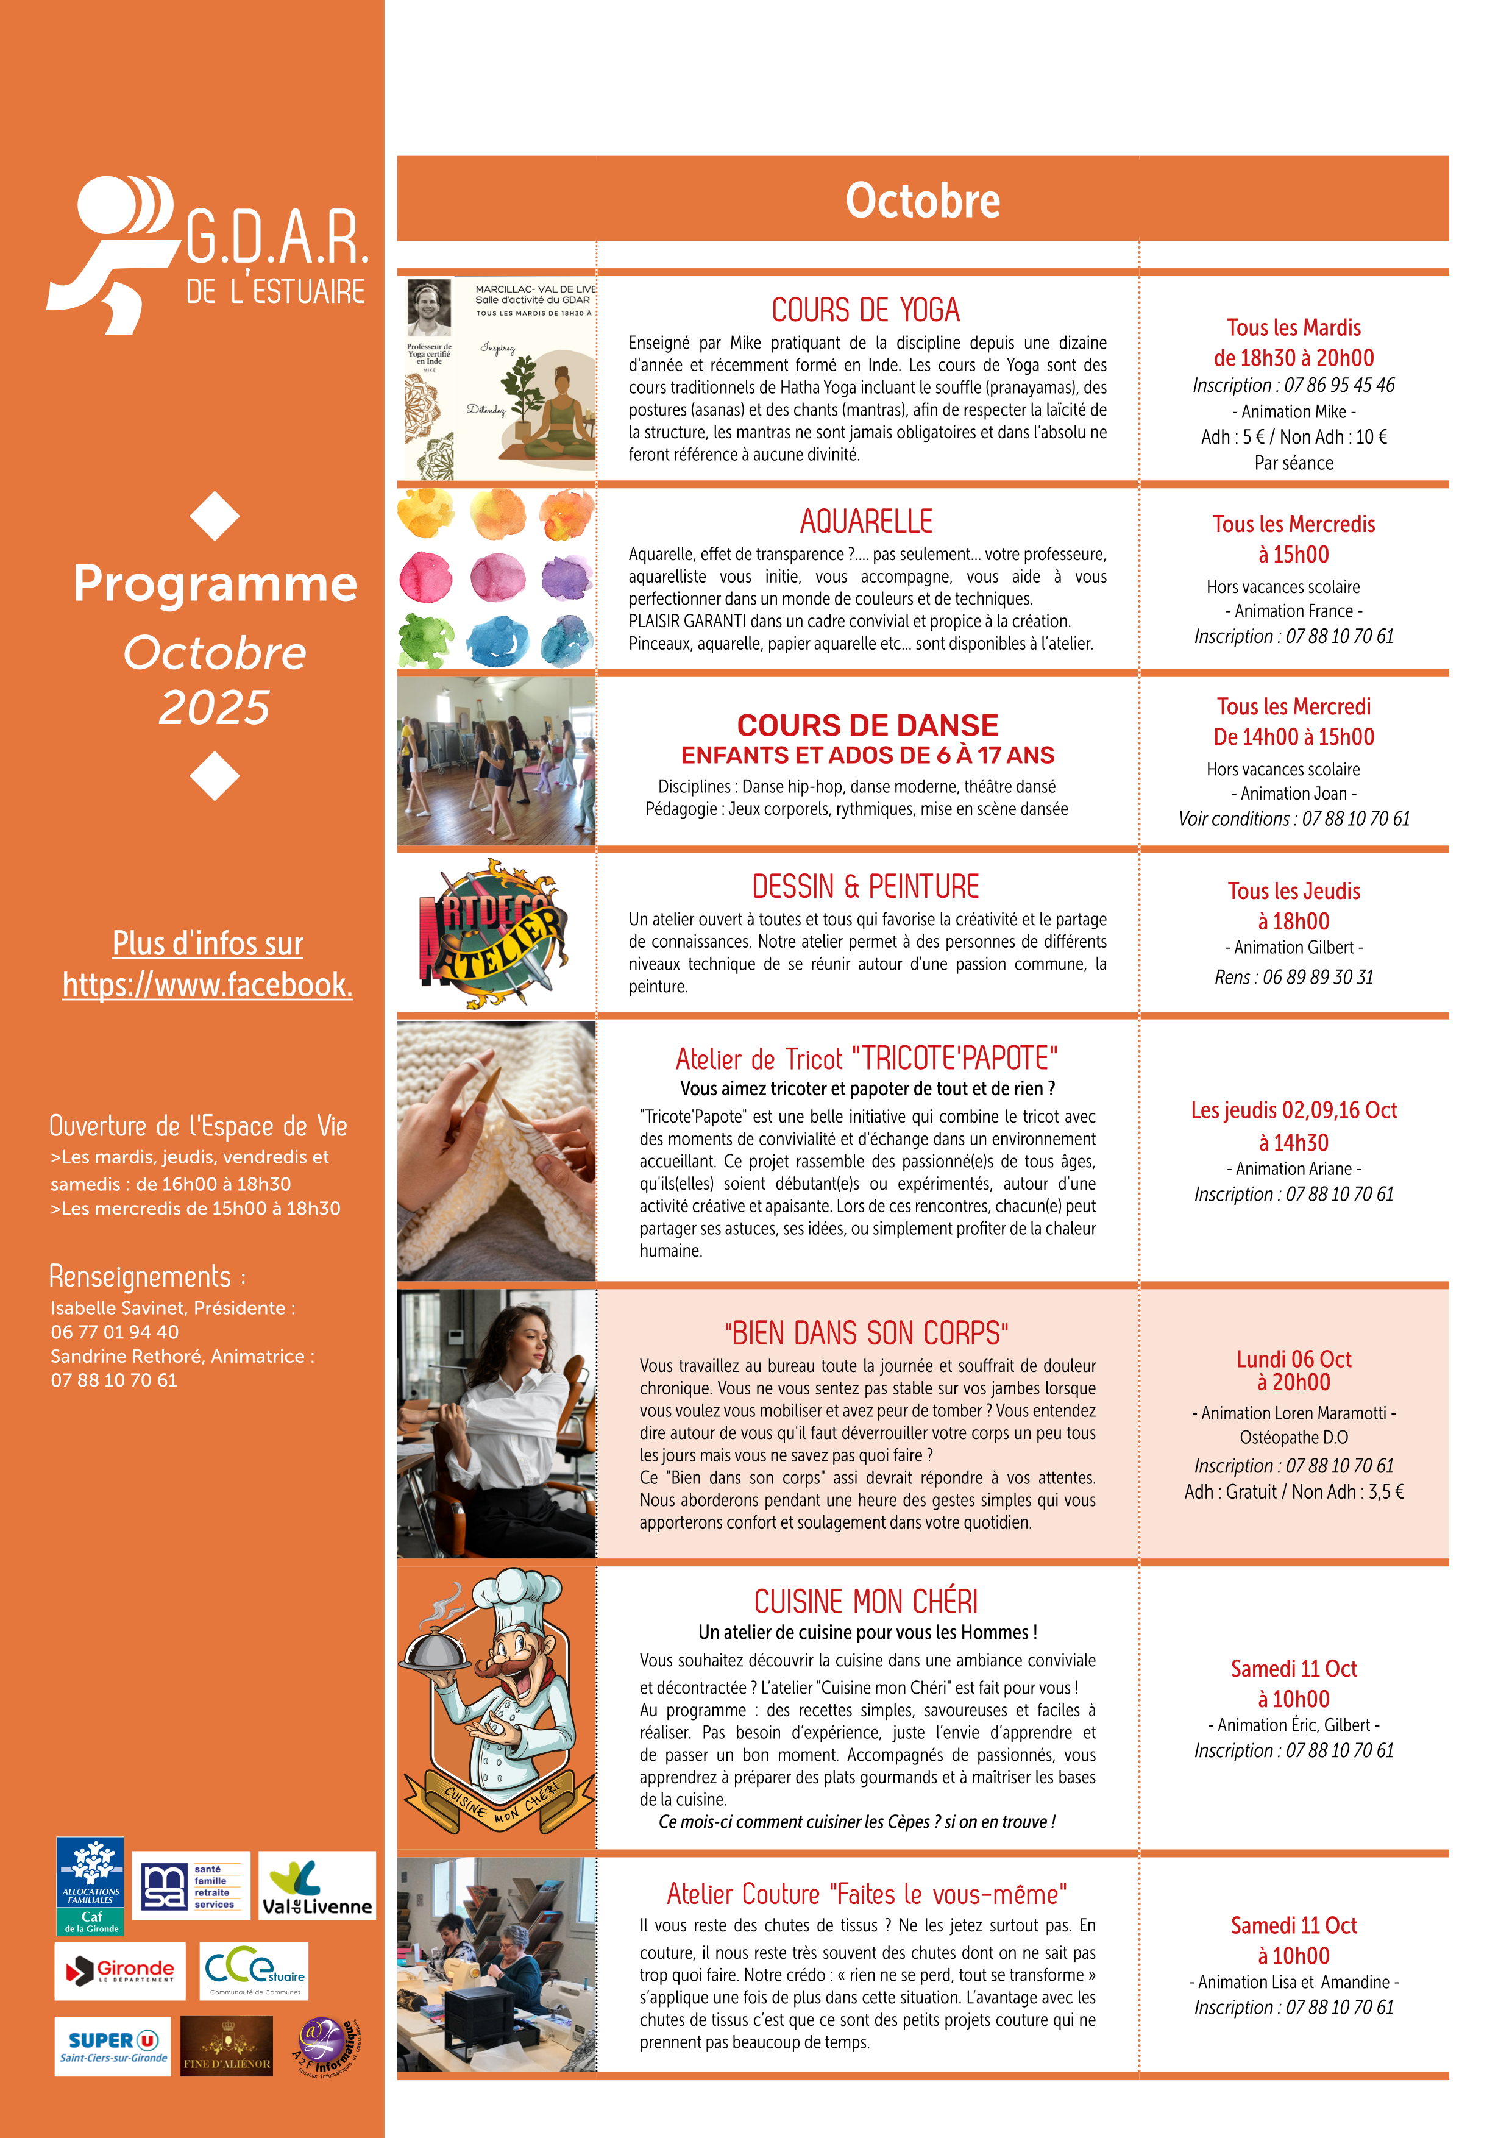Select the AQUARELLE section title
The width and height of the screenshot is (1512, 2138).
point(866,520)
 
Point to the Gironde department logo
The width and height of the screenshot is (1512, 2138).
point(120,1970)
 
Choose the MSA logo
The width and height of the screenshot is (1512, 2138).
point(191,1886)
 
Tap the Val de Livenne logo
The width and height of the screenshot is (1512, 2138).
point(316,1886)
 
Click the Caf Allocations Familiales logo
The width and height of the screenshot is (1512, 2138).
point(90,1886)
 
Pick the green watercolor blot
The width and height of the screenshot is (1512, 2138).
point(425,640)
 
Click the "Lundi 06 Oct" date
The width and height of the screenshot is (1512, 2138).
point(1293,1358)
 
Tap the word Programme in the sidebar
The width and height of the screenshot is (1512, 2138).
point(215,584)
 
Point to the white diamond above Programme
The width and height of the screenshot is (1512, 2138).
point(215,516)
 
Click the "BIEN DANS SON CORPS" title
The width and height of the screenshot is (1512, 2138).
point(866,1334)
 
